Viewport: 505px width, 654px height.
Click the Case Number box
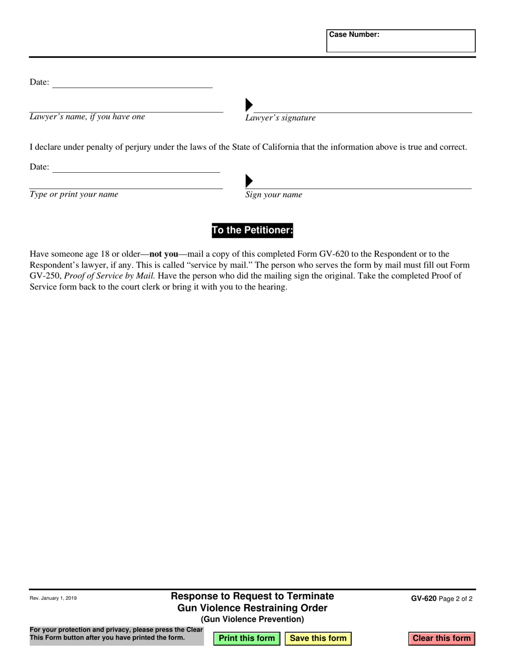coord(401,41)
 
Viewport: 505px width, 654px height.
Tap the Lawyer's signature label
coord(280,118)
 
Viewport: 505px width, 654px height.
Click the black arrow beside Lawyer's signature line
coord(249,105)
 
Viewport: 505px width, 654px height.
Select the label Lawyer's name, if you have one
coord(87,117)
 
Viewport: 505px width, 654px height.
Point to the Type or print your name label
coord(74,195)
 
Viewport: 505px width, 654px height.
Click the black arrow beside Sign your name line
coord(249,181)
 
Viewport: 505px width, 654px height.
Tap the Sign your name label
coord(273,195)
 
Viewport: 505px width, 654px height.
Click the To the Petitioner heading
coord(252,230)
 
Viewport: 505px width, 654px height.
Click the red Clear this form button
coord(441,638)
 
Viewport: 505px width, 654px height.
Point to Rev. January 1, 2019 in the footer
coord(53,598)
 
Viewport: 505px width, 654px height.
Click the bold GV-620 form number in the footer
coord(424,598)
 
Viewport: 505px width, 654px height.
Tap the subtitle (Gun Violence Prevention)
coord(252,619)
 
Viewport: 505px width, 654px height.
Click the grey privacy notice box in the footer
coord(116,634)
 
